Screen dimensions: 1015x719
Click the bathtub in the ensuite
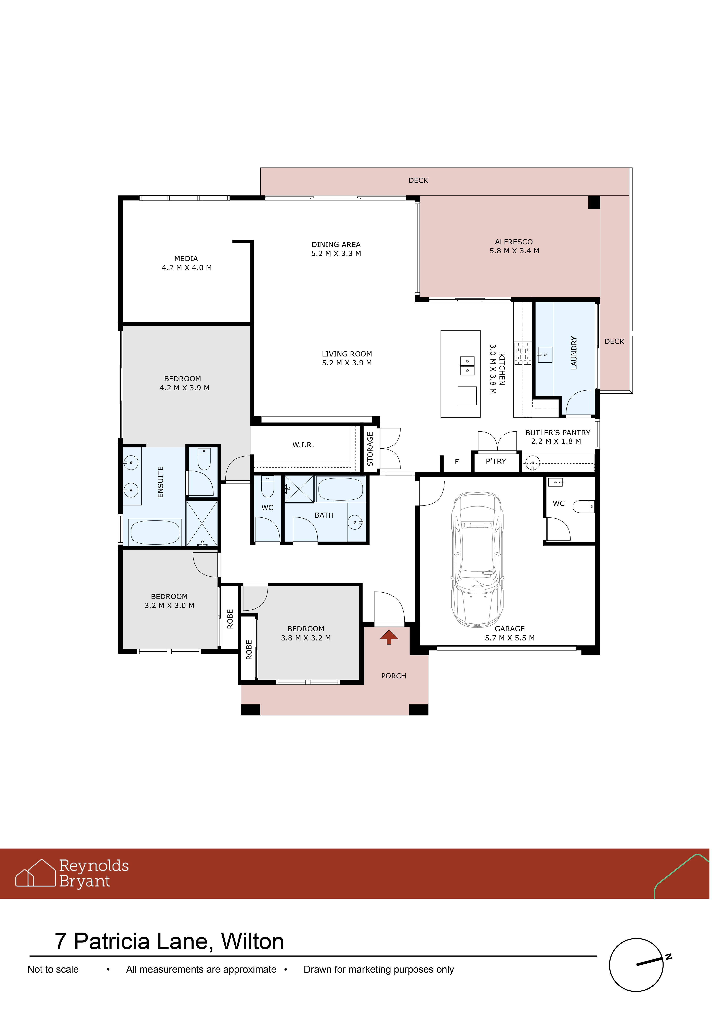coord(155,532)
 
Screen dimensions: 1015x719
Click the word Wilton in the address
coord(252,942)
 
